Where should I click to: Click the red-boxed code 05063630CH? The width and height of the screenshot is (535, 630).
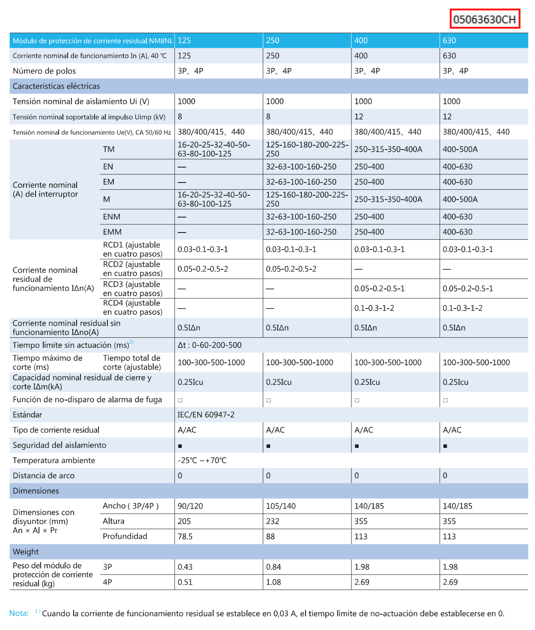pos(484,19)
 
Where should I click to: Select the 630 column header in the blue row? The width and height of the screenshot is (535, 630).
pos(449,41)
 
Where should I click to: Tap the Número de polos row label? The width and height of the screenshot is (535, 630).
pos(45,71)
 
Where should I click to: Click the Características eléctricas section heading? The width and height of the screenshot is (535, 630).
pos(56,86)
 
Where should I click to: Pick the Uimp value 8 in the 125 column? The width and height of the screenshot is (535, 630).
pos(180,117)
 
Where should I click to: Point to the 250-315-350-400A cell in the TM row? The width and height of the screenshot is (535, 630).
pos(388,149)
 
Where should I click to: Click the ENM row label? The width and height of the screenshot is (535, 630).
pos(112,217)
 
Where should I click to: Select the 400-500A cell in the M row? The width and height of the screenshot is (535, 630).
pos(460,199)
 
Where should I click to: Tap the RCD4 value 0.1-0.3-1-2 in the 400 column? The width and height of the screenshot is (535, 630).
pos(374,308)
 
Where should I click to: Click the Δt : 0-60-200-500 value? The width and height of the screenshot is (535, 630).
pos(210,345)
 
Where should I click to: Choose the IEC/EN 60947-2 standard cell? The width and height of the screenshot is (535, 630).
pos(206,415)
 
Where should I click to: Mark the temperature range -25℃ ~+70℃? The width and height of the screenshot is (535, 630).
pos(202,460)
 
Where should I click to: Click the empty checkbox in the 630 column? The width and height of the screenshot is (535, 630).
pos(446,400)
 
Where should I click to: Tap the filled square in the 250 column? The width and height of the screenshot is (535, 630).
pos(268,446)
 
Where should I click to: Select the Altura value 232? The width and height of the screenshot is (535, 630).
pos(273,521)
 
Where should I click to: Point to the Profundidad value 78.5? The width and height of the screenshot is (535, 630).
pos(185,536)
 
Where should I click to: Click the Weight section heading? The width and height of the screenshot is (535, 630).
pos(26,552)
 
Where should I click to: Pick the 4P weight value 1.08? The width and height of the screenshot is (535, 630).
pos(273,582)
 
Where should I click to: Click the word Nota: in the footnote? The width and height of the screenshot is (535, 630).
pos(19,613)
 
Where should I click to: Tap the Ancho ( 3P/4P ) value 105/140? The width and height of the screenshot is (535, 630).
pos(281,506)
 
